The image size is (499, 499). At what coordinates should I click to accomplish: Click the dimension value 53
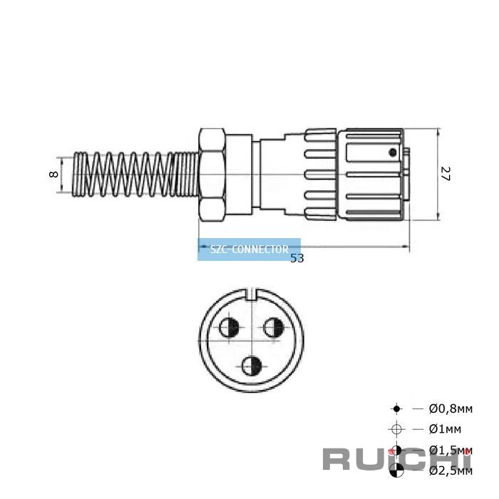pos(297,258)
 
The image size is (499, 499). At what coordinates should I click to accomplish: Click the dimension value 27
pos(445,174)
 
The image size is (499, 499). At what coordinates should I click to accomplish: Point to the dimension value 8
pos(54,174)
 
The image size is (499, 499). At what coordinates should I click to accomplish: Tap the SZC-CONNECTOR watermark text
pos(249,249)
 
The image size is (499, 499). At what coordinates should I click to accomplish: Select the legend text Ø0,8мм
pos(450,408)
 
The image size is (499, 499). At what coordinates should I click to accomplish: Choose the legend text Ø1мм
pos(445,429)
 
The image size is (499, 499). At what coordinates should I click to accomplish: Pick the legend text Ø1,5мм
pos(450,450)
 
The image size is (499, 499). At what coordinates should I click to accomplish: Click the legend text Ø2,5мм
pos(450,470)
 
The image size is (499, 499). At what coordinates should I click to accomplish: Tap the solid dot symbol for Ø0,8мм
pos(397,408)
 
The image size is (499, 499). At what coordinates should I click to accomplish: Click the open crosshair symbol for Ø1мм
pos(397,429)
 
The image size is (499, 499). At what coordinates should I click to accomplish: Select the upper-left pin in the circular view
pos(230,327)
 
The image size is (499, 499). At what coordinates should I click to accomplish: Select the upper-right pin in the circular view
pos(274,327)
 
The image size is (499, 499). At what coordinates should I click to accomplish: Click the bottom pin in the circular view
pos(251,366)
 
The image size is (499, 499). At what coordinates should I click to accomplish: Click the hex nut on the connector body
pos(212,174)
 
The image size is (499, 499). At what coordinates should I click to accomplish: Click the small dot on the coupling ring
pos(391,152)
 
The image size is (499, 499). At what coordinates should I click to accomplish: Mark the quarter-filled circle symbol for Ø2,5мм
pos(397,470)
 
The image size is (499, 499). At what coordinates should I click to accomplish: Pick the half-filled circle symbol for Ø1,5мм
pos(397,450)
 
